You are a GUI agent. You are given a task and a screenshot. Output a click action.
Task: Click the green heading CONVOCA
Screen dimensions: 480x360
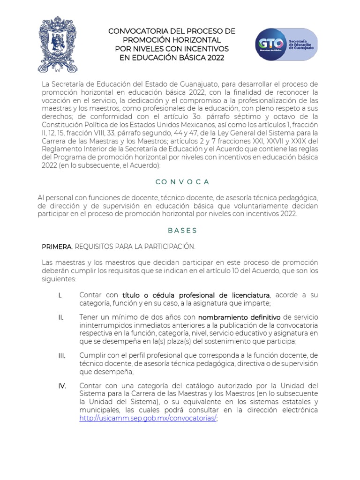coord(180,182)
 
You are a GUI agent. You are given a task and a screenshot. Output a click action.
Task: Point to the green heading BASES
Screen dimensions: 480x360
coord(182,231)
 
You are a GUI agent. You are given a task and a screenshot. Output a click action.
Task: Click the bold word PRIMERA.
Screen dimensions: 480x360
coord(57,247)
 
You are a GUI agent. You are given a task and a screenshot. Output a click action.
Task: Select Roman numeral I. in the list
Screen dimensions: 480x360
coord(60,295)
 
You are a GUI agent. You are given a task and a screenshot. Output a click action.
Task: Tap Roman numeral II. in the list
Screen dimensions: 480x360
coord(61,317)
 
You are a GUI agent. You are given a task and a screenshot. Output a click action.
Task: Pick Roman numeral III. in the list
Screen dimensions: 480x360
coord(62,356)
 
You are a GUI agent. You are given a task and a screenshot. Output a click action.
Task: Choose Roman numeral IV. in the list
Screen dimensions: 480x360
coord(62,386)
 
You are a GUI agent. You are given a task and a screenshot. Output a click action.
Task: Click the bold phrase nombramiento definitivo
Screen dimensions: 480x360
coord(240,317)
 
